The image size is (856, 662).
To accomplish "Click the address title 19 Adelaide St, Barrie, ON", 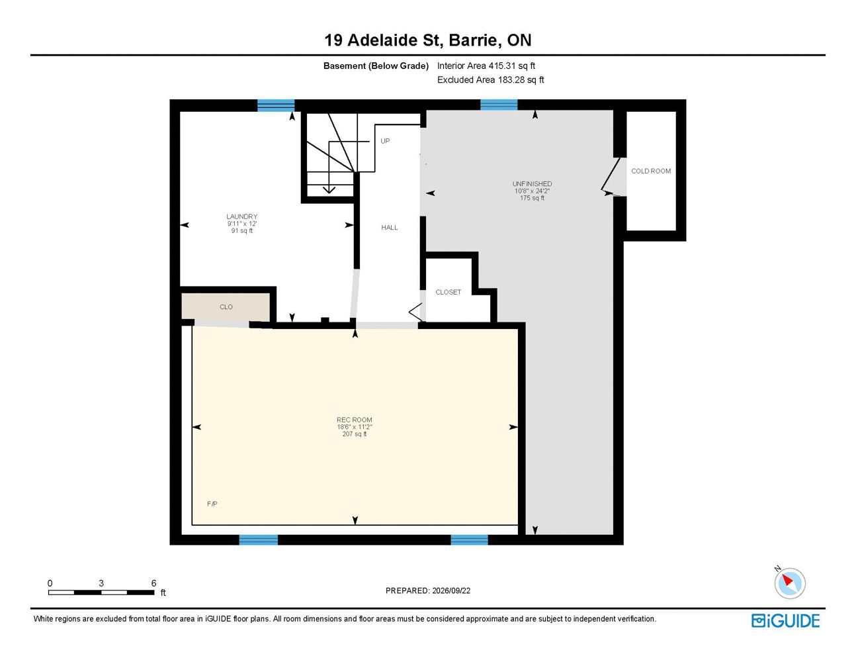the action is [x=427, y=40].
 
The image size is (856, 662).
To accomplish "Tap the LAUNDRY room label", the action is [x=242, y=216].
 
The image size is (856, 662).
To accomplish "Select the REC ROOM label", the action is [x=354, y=420].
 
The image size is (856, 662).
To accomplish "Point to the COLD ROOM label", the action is [x=651, y=171].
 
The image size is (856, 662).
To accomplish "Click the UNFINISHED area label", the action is [x=532, y=183].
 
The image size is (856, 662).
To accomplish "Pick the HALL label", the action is [x=389, y=227].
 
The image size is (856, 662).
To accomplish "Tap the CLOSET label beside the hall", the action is [x=448, y=292].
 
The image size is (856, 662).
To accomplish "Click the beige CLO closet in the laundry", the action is [x=226, y=307].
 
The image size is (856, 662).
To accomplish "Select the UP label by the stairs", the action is [x=385, y=140].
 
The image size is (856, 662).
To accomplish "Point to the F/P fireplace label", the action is [x=212, y=504].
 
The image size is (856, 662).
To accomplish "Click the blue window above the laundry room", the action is [x=276, y=105].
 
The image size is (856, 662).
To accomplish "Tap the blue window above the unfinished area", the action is [x=499, y=105].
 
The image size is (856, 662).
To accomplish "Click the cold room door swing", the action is [x=613, y=177].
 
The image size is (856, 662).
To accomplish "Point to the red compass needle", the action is [x=787, y=580].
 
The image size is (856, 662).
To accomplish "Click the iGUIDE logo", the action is [x=785, y=621].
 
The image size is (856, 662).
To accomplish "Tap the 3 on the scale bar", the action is [x=101, y=583].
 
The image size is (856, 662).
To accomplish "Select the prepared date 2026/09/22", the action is [x=451, y=591].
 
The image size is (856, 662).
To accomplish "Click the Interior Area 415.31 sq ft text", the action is [x=486, y=66].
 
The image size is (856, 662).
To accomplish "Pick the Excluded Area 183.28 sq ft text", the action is [x=490, y=79].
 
